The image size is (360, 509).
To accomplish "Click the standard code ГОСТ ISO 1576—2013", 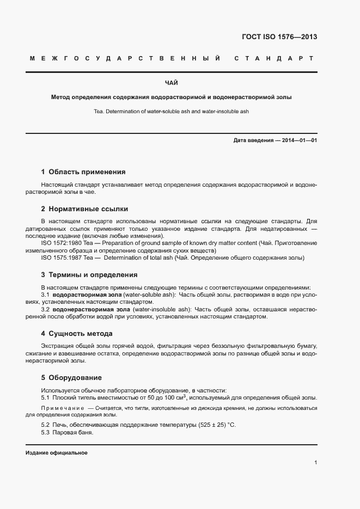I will (x=279, y=38).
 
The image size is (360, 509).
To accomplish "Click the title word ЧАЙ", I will (x=171, y=83).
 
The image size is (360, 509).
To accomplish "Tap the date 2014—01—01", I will (x=299, y=140).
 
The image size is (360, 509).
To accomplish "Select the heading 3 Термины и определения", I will (x=89, y=274).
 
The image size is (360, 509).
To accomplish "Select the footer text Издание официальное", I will (x=56, y=453).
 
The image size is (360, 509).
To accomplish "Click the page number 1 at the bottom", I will (x=315, y=463).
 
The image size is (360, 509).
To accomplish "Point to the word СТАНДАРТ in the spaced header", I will (x=274, y=58).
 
